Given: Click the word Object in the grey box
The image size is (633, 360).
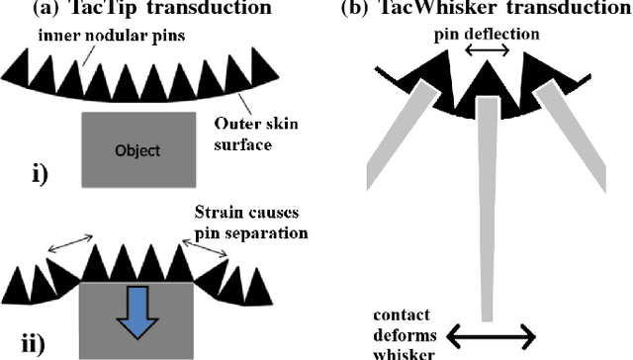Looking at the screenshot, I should [138, 151].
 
